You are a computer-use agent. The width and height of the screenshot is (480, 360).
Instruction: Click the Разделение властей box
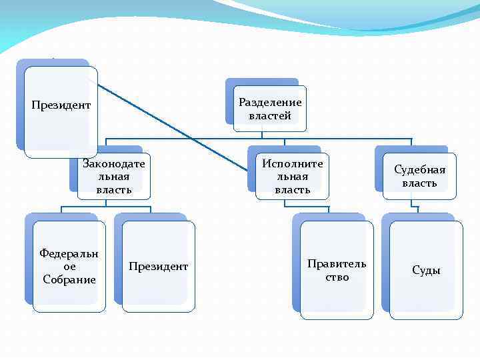[x=270, y=109]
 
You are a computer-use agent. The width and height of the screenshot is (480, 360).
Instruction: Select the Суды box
[x=426, y=269]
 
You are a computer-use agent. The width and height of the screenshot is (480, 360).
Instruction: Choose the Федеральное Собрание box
[x=69, y=266]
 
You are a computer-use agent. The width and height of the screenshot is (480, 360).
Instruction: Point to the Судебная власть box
[x=419, y=176]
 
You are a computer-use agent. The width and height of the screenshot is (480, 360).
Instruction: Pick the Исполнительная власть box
[x=293, y=176]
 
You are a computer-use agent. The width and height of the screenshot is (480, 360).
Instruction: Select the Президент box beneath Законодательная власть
[x=159, y=266]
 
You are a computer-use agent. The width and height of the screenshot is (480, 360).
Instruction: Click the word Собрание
[x=69, y=279]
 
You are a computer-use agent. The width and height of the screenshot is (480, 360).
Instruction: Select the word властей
[x=270, y=116]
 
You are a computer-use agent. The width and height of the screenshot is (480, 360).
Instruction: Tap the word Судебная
[x=419, y=169]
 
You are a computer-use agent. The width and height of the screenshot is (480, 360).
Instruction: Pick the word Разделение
[x=270, y=103]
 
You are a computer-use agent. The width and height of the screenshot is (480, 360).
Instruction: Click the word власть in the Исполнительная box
[x=293, y=189]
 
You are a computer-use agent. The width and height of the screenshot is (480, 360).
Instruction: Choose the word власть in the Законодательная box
[x=114, y=189]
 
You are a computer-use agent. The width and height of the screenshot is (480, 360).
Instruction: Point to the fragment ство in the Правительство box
[x=337, y=277]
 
